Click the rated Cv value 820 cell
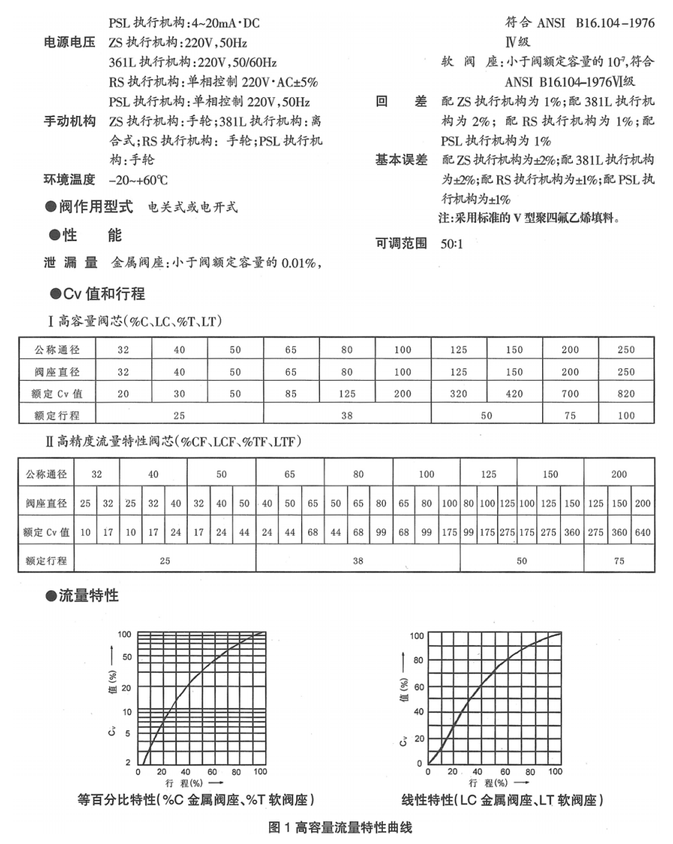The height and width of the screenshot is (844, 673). (x=626, y=394)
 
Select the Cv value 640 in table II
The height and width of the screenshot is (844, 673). (x=642, y=533)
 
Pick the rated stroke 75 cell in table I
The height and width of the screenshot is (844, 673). (x=571, y=415)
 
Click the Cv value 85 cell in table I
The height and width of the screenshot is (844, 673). (x=291, y=394)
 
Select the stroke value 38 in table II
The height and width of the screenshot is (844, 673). (x=357, y=559)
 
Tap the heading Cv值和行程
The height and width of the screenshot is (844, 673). (x=98, y=293)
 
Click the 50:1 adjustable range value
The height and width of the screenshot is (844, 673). (x=452, y=243)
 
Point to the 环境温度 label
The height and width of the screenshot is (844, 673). (x=70, y=180)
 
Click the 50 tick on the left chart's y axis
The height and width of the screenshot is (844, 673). (x=126, y=656)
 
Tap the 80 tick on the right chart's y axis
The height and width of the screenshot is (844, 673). (x=419, y=661)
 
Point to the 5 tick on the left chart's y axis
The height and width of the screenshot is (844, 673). (x=129, y=734)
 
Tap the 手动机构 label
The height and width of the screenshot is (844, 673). (x=70, y=121)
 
